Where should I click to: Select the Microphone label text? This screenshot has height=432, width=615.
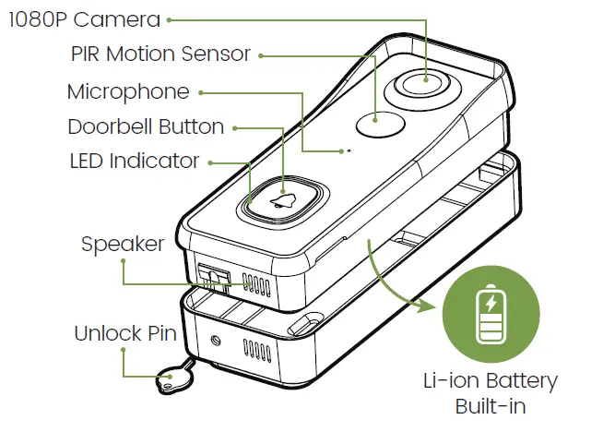(128, 91)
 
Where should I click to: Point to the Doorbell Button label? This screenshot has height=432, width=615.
(146, 126)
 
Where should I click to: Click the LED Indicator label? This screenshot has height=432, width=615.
(135, 161)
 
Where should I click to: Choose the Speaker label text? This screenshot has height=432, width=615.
(123, 244)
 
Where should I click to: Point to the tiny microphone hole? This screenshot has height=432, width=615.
(348, 150)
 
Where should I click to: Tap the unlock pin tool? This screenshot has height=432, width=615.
(171, 377)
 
